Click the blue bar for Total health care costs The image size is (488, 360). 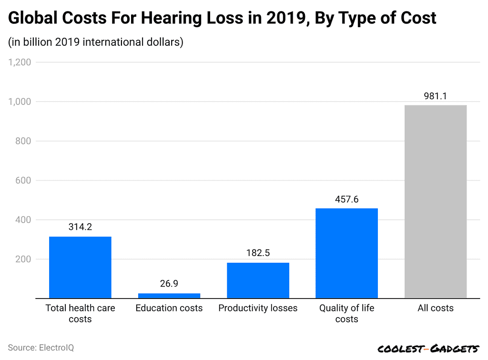click(x=80, y=267)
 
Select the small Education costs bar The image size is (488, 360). click(x=169, y=296)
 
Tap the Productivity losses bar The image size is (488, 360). click(x=258, y=280)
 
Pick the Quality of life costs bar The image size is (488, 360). click(x=346, y=253)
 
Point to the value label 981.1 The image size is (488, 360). click(x=435, y=96)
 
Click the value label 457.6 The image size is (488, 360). click(x=346, y=199)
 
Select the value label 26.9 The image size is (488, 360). click(x=169, y=284)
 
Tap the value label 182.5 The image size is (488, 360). click(x=258, y=253)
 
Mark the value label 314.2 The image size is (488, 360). click(x=80, y=227)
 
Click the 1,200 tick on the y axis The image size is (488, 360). click(x=19, y=62)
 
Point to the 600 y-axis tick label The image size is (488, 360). click(x=23, y=181)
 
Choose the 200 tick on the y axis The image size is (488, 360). click(x=23, y=259)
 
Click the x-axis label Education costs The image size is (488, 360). click(x=169, y=308)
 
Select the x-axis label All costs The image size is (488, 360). click(x=435, y=308)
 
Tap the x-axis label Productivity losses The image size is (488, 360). click(x=258, y=308)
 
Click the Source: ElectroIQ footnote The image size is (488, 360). click(x=41, y=348)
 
